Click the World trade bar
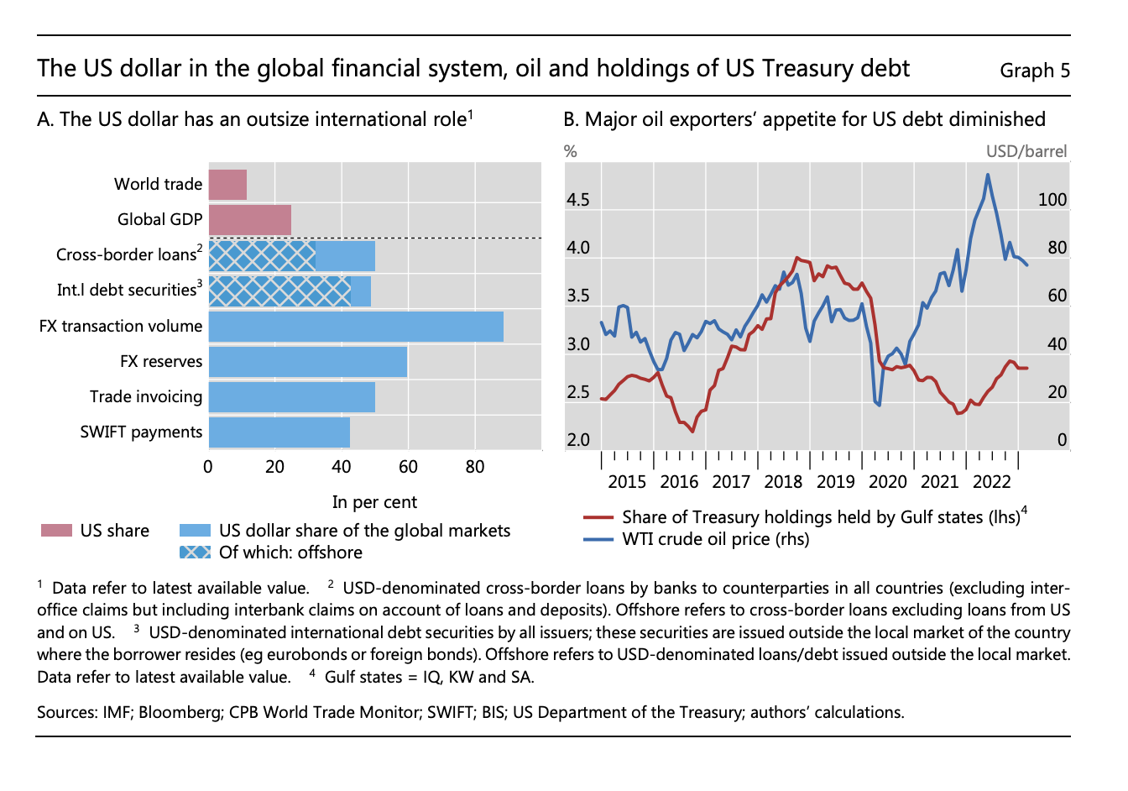point(227,185)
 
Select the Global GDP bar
point(249,220)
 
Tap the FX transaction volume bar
point(356,327)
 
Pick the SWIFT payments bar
point(279,432)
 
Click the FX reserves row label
point(161,362)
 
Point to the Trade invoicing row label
point(146,397)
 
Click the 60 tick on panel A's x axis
point(408,467)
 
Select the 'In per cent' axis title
point(374,502)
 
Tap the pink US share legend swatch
point(56,531)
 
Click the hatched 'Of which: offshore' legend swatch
point(195,553)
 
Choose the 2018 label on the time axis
point(783,482)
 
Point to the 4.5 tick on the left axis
point(577,201)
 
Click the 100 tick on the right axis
point(1052,201)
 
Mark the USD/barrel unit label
point(1026,152)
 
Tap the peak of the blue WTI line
point(988,175)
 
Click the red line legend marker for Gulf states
point(598,517)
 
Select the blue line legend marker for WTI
point(598,539)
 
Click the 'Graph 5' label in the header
point(1035,71)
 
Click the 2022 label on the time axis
point(991,482)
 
